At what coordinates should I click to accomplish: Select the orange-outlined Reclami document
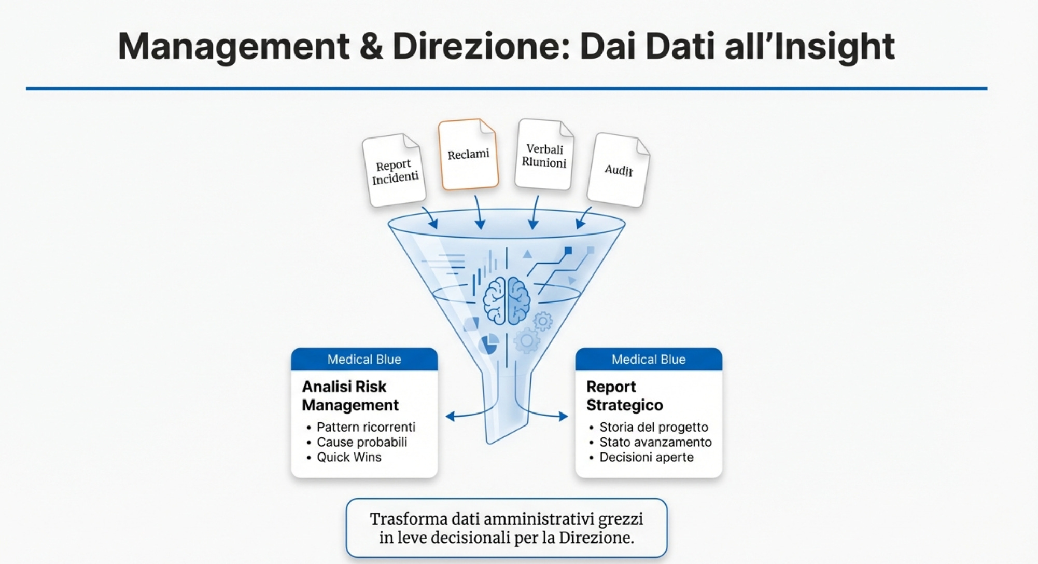(x=468, y=155)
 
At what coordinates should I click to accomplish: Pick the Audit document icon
(x=618, y=170)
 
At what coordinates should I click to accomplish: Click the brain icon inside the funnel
(x=507, y=300)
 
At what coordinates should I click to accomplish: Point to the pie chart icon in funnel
(x=487, y=344)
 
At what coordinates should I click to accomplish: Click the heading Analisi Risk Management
(x=350, y=395)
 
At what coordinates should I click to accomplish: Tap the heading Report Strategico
(x=624, y=395)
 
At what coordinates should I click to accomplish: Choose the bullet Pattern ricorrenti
(x=366, y=427)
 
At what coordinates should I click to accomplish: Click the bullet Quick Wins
(x=349, y=457)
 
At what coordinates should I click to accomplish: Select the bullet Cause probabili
(x=361, y=442)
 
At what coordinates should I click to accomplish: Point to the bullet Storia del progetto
(x=653, y=427)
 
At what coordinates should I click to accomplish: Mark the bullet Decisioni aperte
(x=646, y=457)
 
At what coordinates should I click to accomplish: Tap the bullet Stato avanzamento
(x=655, y=442)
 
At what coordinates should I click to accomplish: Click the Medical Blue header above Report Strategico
(x=648, y=359)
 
